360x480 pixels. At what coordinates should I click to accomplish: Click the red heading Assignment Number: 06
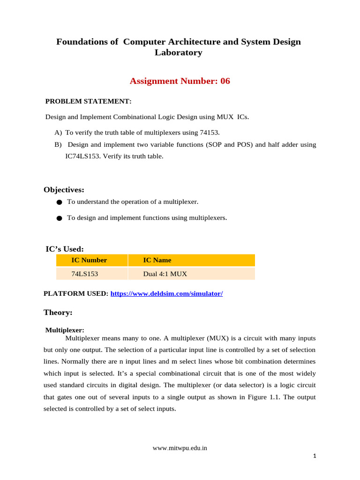click(x=180, y=81)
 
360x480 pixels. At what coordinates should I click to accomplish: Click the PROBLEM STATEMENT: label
click(x=88, y=101)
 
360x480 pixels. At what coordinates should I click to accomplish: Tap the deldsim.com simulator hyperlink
click(x=166, y=294)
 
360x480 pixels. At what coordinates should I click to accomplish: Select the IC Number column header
click(x=89, y=260)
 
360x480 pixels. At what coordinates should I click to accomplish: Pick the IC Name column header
click(x=157, y=260)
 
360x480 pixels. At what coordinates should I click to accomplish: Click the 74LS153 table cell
click(x=84, y=274)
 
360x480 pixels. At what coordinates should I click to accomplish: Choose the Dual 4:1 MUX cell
click(x=165, y=274)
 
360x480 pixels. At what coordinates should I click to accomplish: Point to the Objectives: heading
click(x=64, y=189)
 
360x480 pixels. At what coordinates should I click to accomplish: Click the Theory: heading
click(x=58, y=312)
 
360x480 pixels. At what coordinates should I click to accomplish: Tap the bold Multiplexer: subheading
click(x=65, y=330)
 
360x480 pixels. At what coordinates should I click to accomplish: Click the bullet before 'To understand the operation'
click(x=59, y=202)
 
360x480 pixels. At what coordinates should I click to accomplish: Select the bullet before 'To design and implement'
click(x=59, y=218)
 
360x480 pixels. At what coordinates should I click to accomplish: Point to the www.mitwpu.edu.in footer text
click(x=180, y=448)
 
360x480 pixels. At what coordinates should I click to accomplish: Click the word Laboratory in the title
click(x=179, y=52)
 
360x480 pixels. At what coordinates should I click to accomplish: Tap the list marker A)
click(x=59, y=133)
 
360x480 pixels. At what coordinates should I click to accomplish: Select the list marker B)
click(x=59, y=145)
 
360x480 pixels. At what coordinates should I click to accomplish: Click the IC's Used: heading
click(x=64, y=249)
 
